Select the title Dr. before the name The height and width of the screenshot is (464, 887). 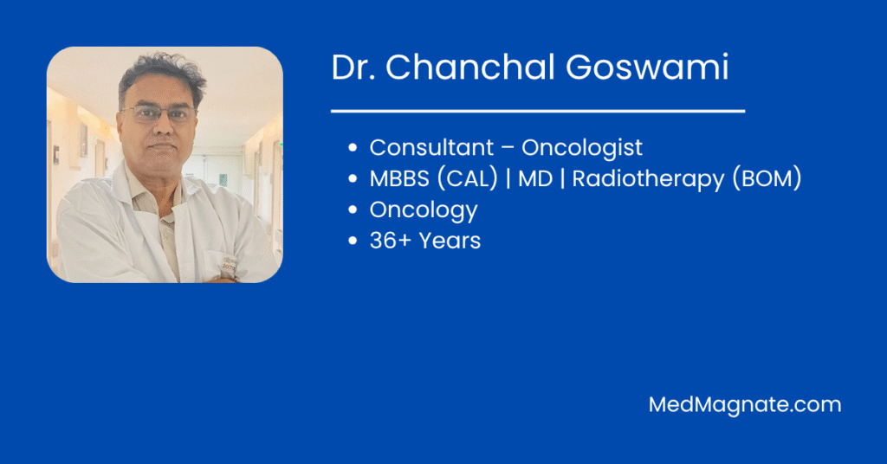354,68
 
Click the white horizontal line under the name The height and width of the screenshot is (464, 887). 538,111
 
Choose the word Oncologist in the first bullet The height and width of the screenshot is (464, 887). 582,148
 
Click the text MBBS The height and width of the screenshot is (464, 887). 401,179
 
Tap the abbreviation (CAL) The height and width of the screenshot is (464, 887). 467,179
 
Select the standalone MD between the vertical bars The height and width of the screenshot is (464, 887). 535,179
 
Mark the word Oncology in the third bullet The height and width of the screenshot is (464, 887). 424,210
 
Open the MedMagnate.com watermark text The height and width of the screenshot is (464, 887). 745,404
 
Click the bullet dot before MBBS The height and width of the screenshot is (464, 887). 353,180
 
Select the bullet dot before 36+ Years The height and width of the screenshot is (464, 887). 353,242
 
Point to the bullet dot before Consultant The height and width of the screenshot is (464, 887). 353,149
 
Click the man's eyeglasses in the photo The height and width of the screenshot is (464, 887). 159,113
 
